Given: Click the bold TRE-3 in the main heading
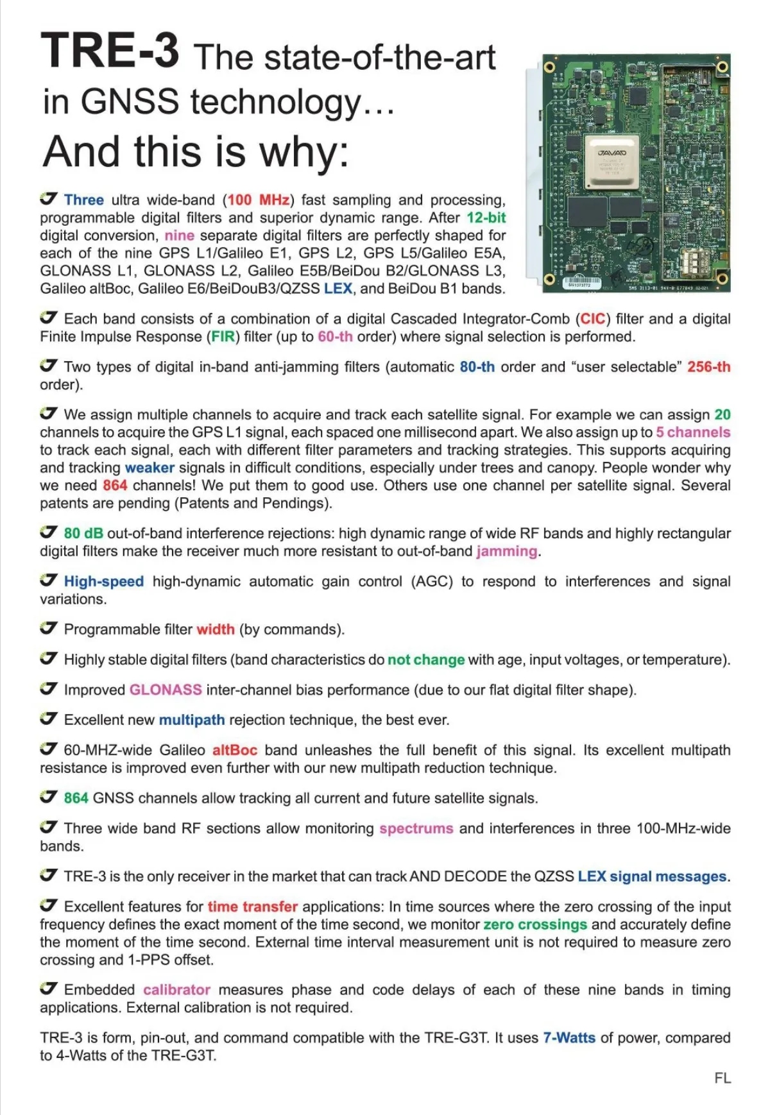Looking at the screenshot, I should click(x=110, y=51).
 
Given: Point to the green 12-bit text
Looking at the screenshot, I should click(x=486, y=217).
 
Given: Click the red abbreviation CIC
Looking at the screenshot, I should click(x=593, y=319).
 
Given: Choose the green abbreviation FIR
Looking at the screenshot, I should click(x=223, y=337).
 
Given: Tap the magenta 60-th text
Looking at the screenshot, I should click(x=335, y=337).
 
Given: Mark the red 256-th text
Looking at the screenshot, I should click(x=708, y=367).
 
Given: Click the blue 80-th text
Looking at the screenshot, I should click(x=477, y=367).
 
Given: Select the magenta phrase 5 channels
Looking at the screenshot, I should click(x=692, y=432).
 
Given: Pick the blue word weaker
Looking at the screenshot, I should click(x=150, y=468).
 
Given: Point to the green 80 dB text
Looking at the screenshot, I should click(x=83, y=533).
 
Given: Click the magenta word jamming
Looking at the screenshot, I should click(x=507, y=551).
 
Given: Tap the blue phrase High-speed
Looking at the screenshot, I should click(x=104, y=581).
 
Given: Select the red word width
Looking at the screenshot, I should click(x=216, y=629).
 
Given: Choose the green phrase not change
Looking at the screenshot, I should click(x=425, y=660).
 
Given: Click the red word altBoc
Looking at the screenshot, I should click(x=235, y=750).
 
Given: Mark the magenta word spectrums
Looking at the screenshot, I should click(x=416, y=828).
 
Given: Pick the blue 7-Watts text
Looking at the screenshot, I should click(x=569, y=1037).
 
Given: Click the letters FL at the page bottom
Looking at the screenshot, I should click(x=723, y=1078).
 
